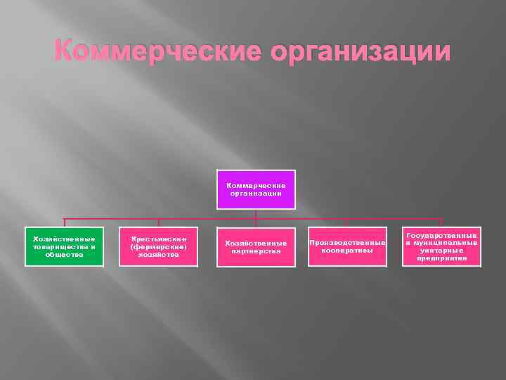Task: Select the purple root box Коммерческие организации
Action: (256, 189)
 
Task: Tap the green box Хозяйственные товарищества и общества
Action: (64, 246)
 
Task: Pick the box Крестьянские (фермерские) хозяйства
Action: (158, 246)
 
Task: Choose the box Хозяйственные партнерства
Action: (256, 247)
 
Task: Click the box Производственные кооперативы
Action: (347, 246)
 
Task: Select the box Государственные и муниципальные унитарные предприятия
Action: (442, 246)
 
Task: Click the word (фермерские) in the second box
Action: (158, 246)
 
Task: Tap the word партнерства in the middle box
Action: (256, 251)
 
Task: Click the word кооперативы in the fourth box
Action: (347, 251)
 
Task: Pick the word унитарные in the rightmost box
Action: (442, 250)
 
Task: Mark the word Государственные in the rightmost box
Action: (442, 236)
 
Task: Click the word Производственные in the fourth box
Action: (347, 243)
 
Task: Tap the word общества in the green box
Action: (64, 254)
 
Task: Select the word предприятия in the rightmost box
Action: (442, 258)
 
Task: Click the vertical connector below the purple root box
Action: (256, 214)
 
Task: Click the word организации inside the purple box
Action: (256, 193)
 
